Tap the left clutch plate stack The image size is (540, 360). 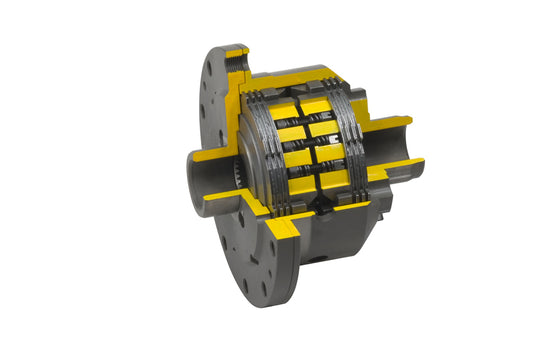pos(262,150)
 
